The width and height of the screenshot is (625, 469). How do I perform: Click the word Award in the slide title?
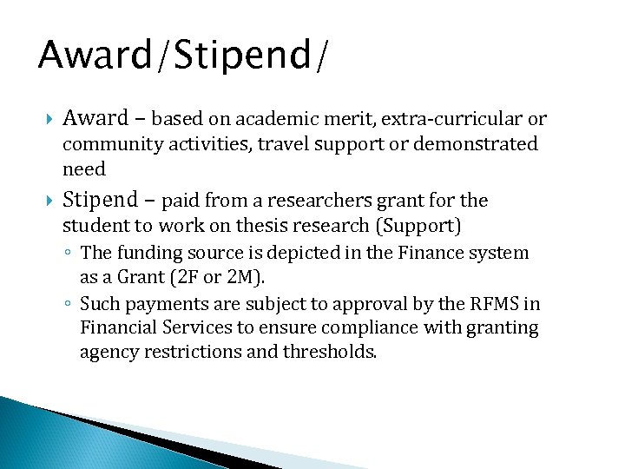pyautogui.click(x=95, y=55)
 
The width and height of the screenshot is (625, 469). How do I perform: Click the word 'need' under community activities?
pyautogui.click(x=83, y=169)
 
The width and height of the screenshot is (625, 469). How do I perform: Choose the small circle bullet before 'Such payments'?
pyautogui.click(x=69, y=304)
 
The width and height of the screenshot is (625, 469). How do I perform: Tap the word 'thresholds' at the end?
pyautogui.click(x=332, y=353)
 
